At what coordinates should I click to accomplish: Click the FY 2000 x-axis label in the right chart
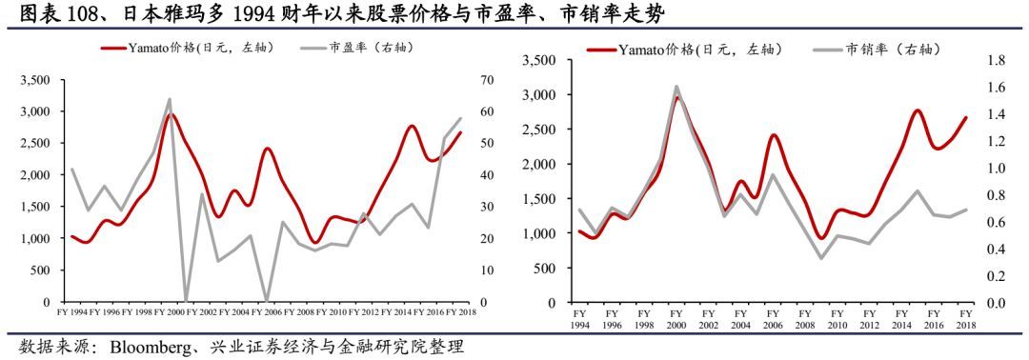[676, 318]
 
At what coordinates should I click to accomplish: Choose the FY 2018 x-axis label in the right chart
[965, 318]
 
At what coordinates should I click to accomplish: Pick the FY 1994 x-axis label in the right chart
[579, 318]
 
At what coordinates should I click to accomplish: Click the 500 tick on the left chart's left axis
[40, 270]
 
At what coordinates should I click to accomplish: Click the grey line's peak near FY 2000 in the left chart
[170, 99]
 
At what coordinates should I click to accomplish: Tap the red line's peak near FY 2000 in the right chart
[677, 97]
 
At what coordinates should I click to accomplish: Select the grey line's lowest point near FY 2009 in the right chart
[821, 258]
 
